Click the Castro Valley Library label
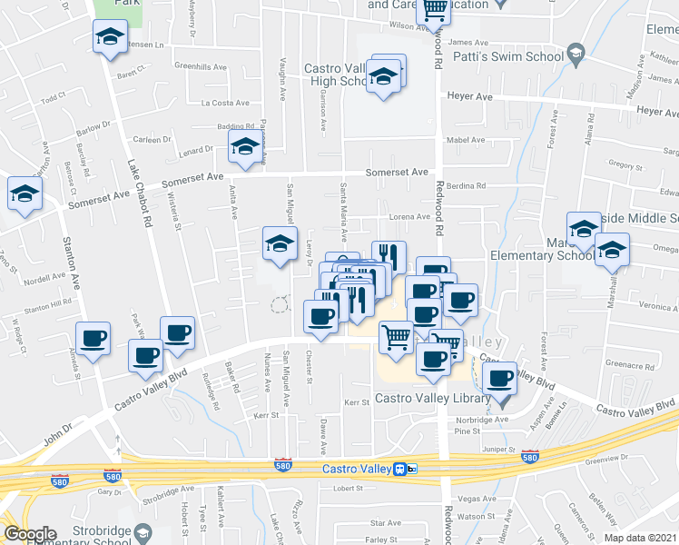433,399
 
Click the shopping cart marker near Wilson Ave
434,11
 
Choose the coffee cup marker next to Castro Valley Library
499,378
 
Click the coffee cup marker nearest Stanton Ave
93,339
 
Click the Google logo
30,534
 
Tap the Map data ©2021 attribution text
640,538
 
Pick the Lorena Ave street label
409,217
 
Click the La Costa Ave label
224,103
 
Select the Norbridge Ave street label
483,420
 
